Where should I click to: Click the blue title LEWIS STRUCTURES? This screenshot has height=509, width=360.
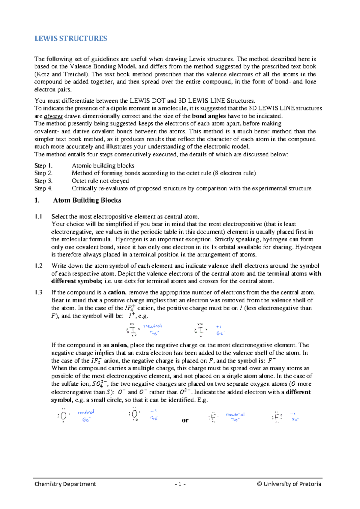(70, 39)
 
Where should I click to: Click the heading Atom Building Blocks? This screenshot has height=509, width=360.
(87, 200)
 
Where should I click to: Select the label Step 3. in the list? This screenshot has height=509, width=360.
(43, 181)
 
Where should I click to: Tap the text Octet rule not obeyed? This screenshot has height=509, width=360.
(100, 181)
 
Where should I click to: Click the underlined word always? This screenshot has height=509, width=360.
(53, 116)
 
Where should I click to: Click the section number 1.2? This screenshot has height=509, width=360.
(38, 266)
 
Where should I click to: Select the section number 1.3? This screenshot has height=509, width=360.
(38, 292)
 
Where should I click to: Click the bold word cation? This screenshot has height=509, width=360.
(116, 292)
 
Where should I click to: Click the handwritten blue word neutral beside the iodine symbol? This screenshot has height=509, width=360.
(153, 326)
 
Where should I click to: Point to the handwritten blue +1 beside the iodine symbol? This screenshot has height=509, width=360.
(218, 327)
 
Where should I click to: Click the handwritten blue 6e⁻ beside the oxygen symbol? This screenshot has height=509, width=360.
(86, 420)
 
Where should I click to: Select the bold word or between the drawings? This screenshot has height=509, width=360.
(185, 420)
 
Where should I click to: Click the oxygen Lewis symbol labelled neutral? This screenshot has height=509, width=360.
(63, 416)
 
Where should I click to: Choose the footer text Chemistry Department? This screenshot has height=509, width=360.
(65, 484)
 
